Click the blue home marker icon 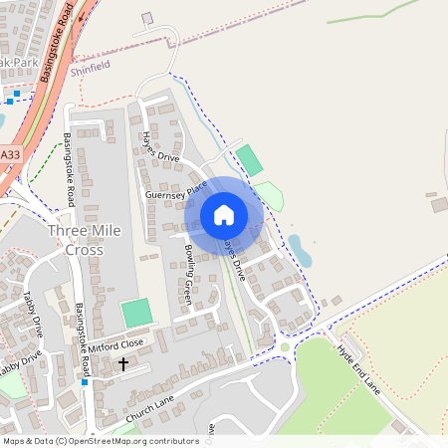pos(224,214)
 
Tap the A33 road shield pos(10,156)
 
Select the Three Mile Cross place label pos(84,240)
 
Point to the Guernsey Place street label pos(175,189)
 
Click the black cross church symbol pos(123,364)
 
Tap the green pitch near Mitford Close pos(137,313)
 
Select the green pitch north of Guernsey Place pos(250,160)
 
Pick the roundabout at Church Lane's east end pos(285,346)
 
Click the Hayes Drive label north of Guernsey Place pos(160,146)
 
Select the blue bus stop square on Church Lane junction pos(85,382)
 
